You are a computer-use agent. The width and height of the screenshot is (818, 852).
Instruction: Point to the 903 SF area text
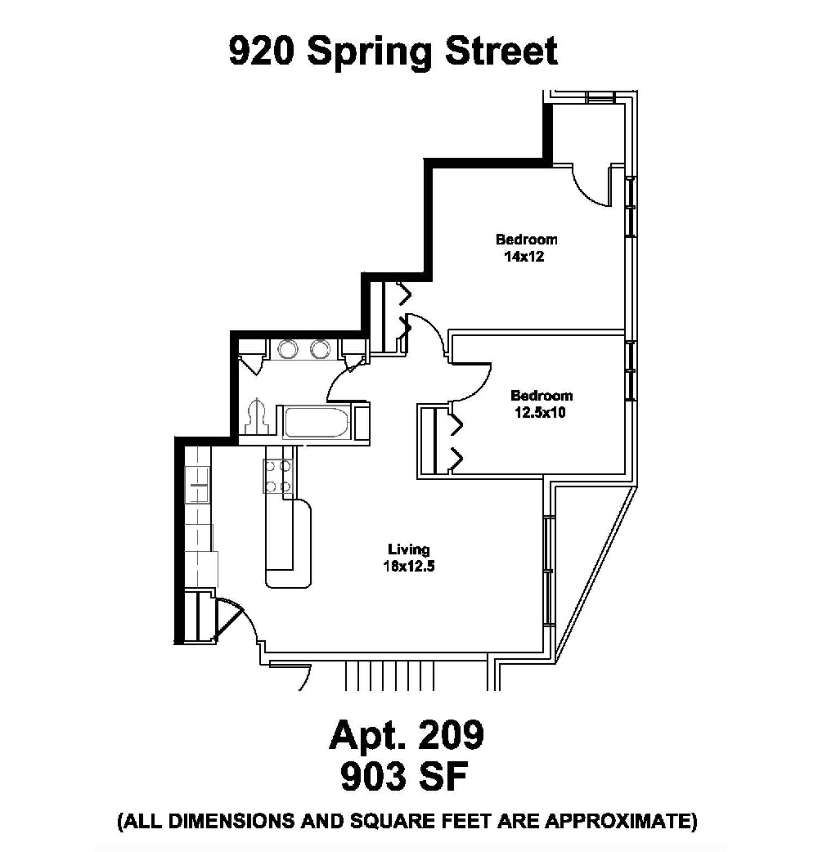coord(407,778)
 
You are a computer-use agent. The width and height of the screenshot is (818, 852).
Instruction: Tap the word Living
coord(409,549)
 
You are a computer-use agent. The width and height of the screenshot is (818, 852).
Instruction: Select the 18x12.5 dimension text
coord(409,565)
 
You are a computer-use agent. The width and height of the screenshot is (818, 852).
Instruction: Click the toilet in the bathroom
coord(258,418)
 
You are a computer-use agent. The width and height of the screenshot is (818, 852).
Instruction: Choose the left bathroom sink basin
coord(288,349)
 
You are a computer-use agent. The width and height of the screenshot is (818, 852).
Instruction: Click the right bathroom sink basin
coord(319,349)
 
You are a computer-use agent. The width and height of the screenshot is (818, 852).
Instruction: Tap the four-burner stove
coord(277,476)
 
